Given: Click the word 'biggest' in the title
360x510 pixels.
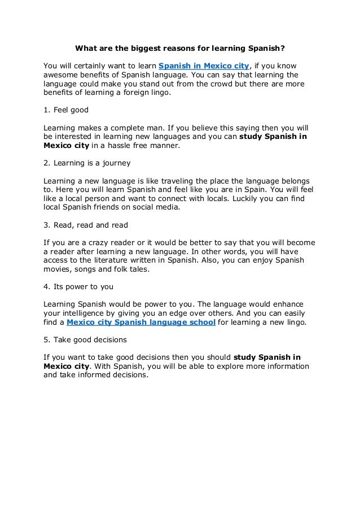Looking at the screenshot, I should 143,49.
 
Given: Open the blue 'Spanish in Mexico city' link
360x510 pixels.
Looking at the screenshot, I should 204,66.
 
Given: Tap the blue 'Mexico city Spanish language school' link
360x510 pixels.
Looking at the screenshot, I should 141,322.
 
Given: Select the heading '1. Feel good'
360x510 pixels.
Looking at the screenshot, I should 66,110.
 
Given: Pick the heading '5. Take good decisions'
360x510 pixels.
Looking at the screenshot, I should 85,340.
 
